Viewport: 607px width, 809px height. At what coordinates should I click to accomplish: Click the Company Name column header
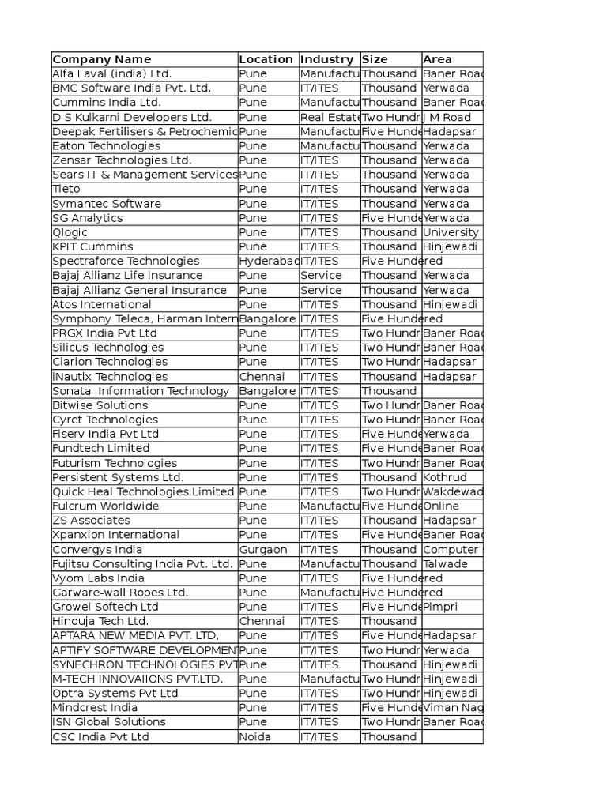click(x=101, y=59)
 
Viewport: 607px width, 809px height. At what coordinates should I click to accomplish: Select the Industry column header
click(x=326, y=59)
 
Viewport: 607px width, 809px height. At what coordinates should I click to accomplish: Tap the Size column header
click(x=375, y=59)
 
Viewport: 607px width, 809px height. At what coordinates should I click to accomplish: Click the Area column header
click(x=437, y=59)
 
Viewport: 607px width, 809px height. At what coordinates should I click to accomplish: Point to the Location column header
click(x=266, y=59)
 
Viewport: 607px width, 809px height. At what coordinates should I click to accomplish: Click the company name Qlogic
click(x=70, y=232)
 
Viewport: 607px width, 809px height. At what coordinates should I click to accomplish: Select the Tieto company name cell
click(x=67, y=189)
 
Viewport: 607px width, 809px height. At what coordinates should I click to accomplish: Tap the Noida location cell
click(x=255, y=736)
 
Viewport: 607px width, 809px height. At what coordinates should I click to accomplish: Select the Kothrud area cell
click(x=445, y=477)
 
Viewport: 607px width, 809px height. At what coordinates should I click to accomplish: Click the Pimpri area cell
click(x=440, y=607)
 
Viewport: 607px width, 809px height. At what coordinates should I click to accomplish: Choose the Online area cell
click(x=441, y=506)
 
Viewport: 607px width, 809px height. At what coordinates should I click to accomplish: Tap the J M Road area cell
click(x=447, y=117)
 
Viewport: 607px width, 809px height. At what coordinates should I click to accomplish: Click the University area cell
click(x=451, y=232)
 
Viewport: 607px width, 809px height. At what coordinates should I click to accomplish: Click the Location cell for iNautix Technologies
click(x=262, y=376)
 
